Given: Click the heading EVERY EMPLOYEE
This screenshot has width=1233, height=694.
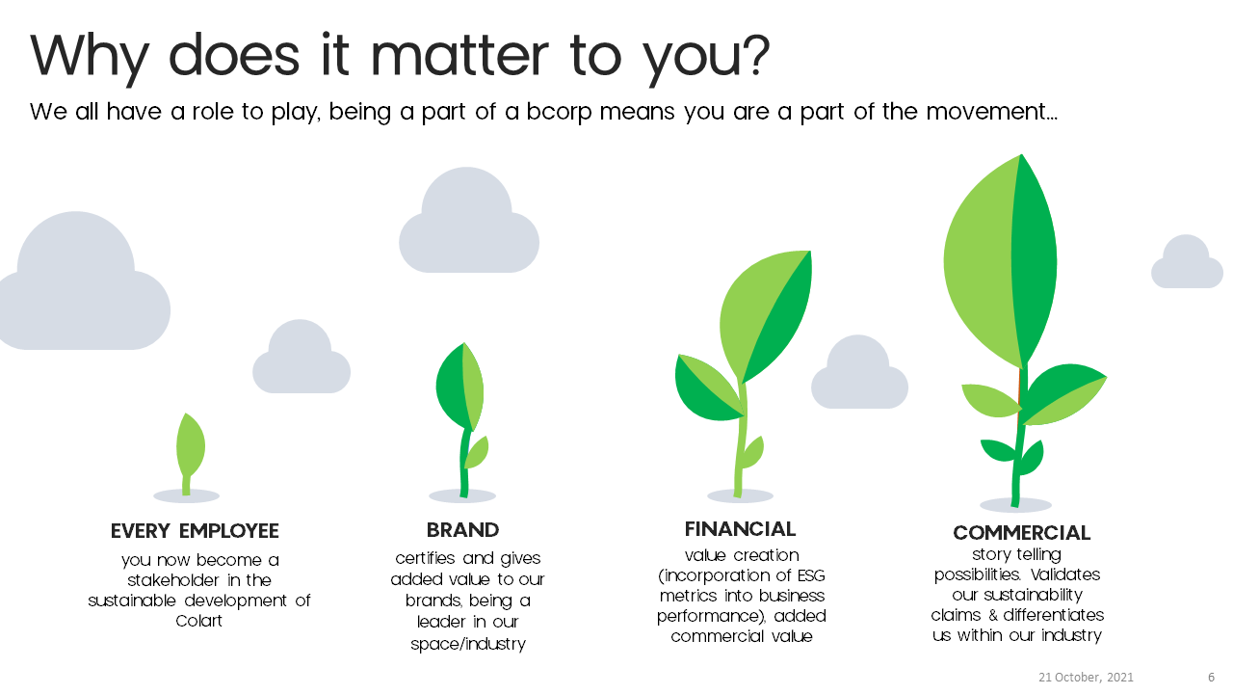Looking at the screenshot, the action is click(195, 531).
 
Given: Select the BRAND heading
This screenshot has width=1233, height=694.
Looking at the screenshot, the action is click(463, 530).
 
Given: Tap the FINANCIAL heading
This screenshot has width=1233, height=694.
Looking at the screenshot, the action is click(741, 529).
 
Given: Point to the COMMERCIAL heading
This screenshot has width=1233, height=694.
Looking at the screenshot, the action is click(1022, 533).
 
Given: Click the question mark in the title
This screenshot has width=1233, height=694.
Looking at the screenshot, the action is click(758, 55).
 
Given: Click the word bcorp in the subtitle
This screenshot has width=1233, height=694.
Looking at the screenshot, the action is click(560, 112).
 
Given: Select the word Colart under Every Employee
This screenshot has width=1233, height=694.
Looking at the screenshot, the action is click(198, 621).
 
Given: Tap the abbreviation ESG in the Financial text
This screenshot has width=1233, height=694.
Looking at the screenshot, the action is click(811, 575).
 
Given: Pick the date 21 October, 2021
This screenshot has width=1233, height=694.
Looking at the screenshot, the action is click(1086, 677).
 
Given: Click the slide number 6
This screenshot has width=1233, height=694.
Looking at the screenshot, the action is click(1211, 677).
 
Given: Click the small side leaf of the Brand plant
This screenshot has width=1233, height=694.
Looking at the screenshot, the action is click(477, 452).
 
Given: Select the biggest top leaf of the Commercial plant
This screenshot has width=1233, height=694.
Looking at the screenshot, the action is click(1000, 261).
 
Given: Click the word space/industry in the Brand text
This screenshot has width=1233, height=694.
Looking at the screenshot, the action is click(468, 644).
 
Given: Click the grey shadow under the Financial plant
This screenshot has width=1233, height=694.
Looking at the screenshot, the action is click(741, 495).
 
